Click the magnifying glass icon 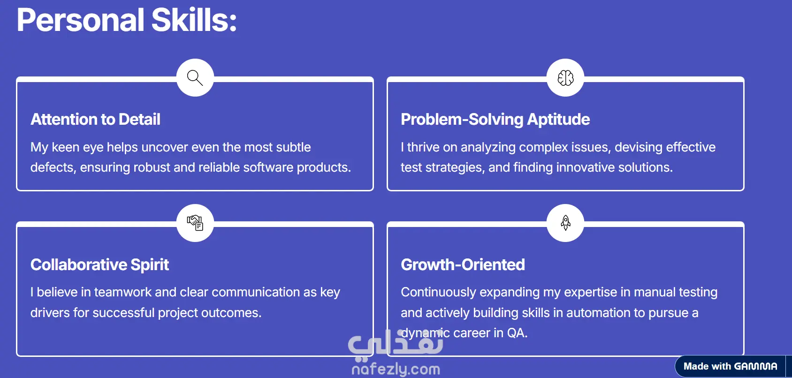click(x=195, y=78)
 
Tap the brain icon click(x=565, y=78)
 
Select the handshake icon click(x=195, y=223)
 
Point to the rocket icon click(x=565, y=223)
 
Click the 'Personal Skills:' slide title click(x=127, y=20)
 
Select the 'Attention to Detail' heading click(x=95, y=119)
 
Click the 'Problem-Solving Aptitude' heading click(x=495, y=120)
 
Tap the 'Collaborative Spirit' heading click(x=100, y=265)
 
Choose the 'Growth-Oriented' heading click(x=463, y=265)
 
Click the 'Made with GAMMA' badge click(x=730, y=366)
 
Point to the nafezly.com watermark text click(x=396, y=369)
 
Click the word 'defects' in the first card click(x=53, y=167)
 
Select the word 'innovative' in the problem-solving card click(x=585, y=167)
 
